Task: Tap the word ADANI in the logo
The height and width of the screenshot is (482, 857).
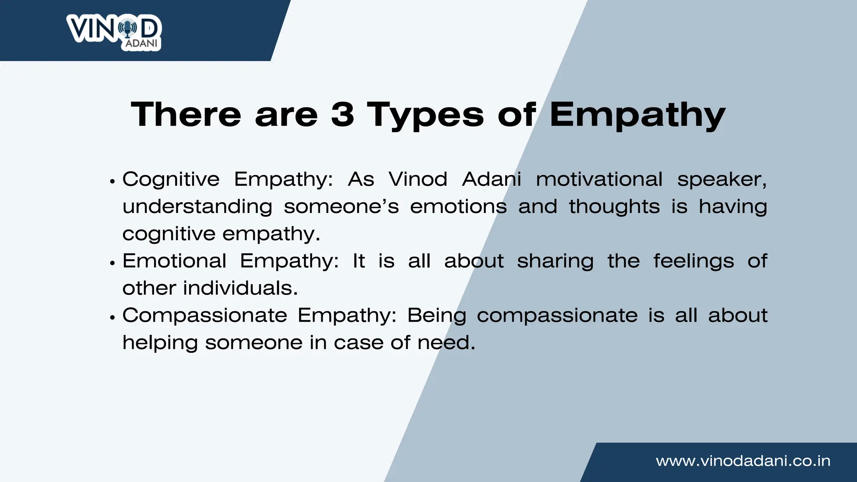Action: click(141, 44)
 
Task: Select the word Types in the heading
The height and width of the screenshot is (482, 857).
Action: click(426, 115)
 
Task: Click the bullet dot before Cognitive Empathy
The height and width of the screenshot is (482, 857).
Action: click(112, 182)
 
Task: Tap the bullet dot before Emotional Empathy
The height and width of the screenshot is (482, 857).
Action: click(112, 263)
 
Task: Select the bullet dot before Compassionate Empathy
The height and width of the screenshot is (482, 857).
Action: click(112, 318)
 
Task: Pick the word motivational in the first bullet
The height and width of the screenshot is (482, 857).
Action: click(599, 179)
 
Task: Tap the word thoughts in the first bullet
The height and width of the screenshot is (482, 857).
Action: click(614, 207)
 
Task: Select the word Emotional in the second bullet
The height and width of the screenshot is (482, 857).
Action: click(174, 261)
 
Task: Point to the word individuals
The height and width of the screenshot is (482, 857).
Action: click(240, 288)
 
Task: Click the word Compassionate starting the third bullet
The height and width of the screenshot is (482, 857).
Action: click(204, 315)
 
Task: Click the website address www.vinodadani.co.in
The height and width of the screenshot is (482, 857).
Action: click(743, 461)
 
